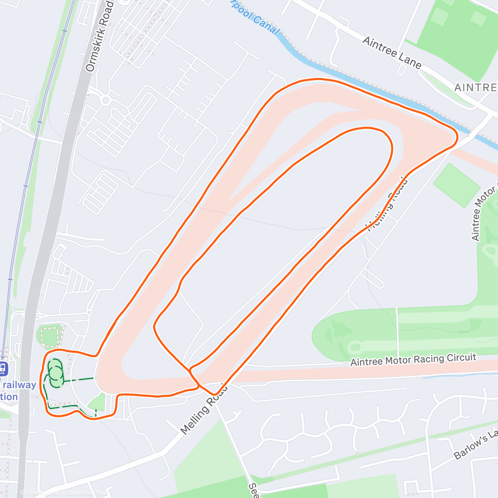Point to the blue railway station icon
3,368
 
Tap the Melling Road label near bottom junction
204,409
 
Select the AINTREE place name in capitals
476,88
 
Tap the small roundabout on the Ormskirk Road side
105,100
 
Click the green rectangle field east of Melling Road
456,185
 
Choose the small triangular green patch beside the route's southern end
98,402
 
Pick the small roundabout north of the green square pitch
89,312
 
